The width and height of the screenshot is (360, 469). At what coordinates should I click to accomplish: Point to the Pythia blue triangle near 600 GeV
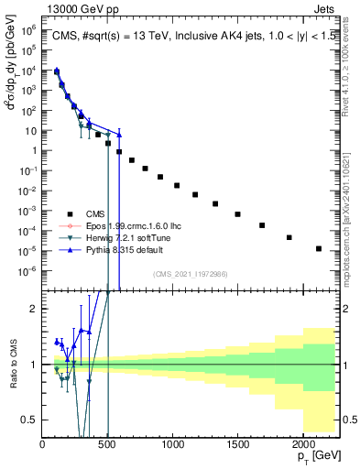(x=119, y=135)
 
